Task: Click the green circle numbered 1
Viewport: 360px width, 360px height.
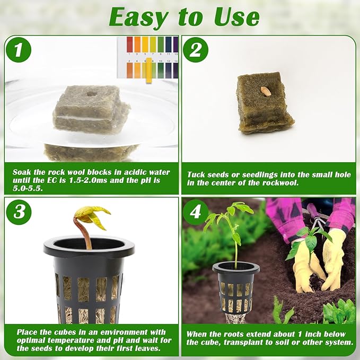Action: coord(19,50)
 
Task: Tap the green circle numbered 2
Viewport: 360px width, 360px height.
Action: coord(196,50)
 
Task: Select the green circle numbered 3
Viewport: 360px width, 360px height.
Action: coord(19,212)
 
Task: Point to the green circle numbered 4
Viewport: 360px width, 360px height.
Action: coord(196,212)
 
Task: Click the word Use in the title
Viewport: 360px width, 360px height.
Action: coord(237,17)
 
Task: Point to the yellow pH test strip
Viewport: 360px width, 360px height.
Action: coord(149,71)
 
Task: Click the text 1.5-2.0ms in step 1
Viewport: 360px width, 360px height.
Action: coord(88,180)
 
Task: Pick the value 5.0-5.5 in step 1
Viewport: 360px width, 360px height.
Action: coord(28,189)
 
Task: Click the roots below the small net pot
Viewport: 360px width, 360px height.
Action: coord(235,318)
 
